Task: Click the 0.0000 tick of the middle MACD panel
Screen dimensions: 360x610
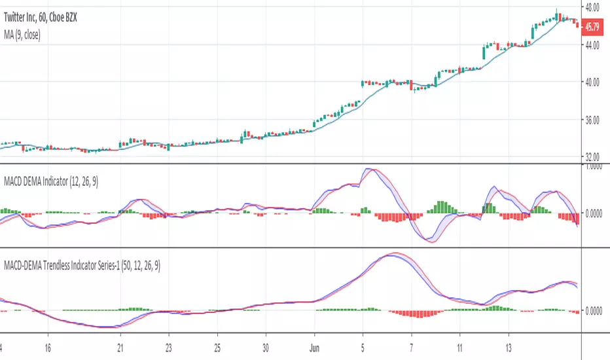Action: tap(594, 213)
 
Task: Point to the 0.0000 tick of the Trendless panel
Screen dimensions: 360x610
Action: tap(594, 310)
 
